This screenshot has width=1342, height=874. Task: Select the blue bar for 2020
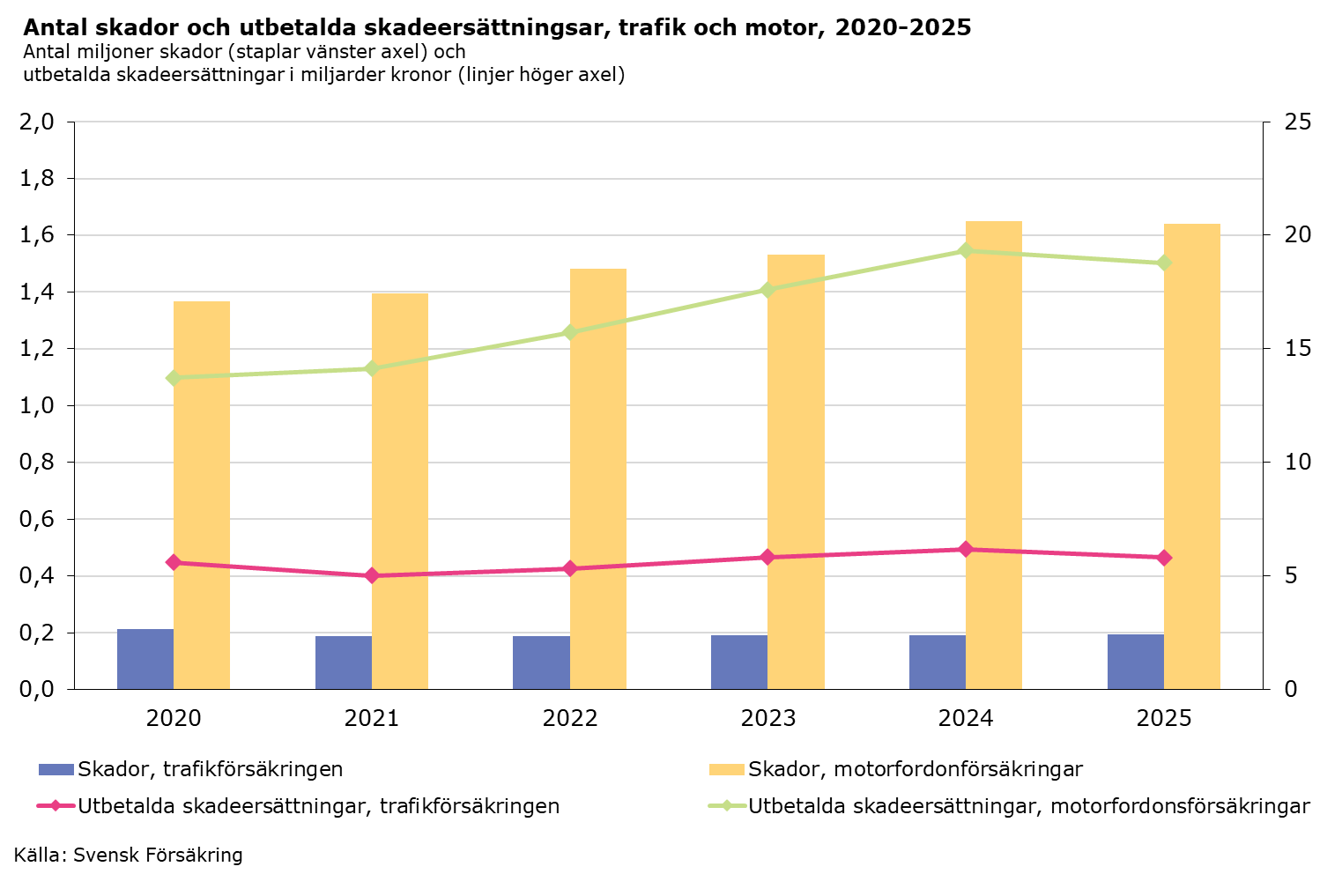coord(145,659)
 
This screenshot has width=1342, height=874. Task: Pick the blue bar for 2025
coord(1136,662)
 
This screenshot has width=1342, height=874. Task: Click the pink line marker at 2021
coord(372,575)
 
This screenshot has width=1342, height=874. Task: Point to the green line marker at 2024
coord(966,251)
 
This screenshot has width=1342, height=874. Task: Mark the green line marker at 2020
coord(174,378)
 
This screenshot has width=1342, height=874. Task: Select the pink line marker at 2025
coord(1164,558)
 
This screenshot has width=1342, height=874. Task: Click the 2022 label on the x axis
coord(570,718)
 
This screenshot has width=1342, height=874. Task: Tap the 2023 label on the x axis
coord(768,718)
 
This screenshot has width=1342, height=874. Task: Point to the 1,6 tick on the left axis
coord(36,235)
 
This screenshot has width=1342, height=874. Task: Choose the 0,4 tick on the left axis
coord(36,576)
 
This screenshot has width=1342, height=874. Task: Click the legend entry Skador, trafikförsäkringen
coord(210,769)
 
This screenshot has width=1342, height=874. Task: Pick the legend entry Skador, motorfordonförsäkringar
coord(915,769)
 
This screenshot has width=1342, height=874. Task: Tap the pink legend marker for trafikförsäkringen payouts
coord(56,806)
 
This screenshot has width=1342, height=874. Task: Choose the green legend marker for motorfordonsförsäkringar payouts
coord(727,806)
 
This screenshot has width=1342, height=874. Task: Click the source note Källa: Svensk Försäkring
coord(129,855)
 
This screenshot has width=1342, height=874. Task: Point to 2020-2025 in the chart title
coord(903,28)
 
